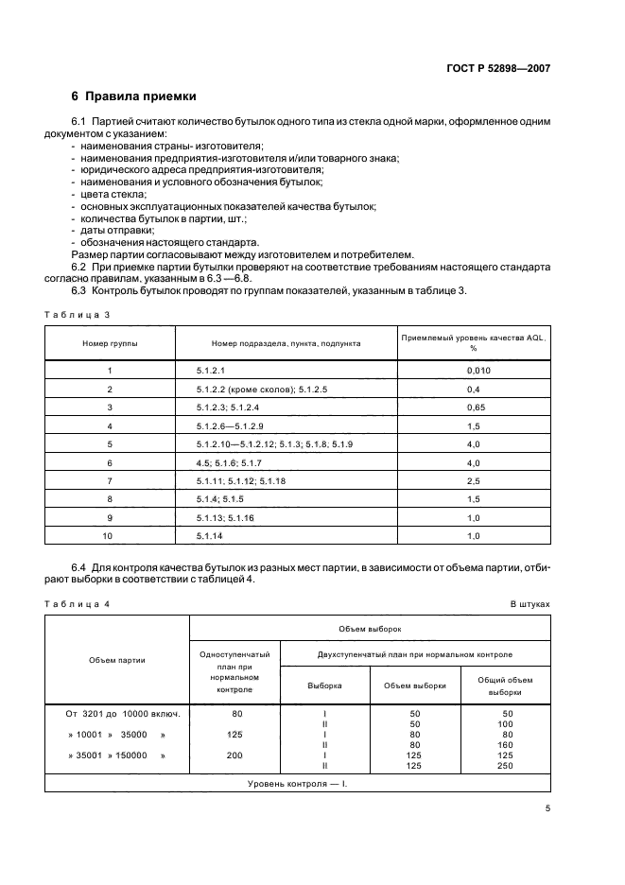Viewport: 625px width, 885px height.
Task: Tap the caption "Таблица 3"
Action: pyautogui.click(x=78, y=314)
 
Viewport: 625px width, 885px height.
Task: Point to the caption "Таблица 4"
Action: pyautogui.click(x=78, y=602)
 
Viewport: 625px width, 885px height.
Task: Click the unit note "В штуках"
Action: pyautogui.click(x=530, y=602)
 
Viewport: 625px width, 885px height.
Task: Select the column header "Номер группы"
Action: pyautogui.click(x=110, y=343)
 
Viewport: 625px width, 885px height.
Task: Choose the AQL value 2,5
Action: pyautogui.click(x=474, y=480)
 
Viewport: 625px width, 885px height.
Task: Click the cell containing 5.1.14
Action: pyautogui.click(x=209, y=535)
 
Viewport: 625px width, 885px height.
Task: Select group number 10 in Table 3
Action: pyautogui.click(x=110, y=535)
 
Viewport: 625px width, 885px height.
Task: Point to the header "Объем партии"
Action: pyautogui.click(x=117, y=660)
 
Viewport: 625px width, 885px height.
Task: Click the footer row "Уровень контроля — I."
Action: pyautogui.click(x=297, y=785)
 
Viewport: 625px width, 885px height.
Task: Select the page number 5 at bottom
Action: pyautogui.click(x=547, y=808)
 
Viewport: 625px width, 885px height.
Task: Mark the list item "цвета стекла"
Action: pyautogui.click(x=106, y=194)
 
